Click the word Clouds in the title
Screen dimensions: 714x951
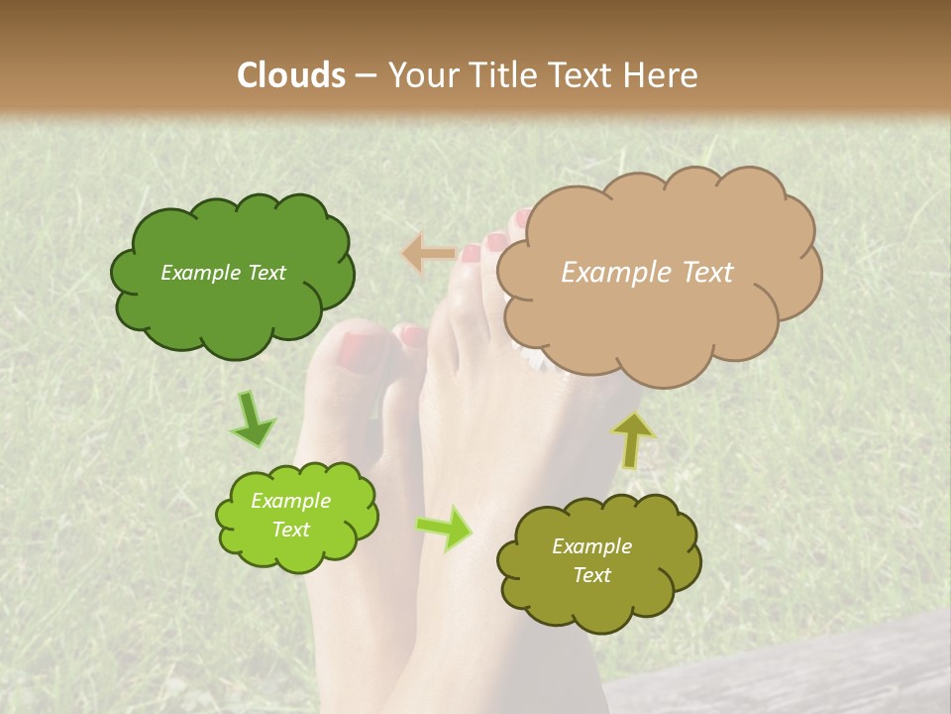[x=291, y=75]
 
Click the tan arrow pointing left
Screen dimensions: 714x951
[x=428, y=254]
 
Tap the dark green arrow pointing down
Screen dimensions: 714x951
[x=253, y=419]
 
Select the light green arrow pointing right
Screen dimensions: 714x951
[x=445, y=528]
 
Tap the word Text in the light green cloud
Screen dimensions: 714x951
[x=291, y=530]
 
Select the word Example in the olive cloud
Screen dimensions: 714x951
[x=591, y=546]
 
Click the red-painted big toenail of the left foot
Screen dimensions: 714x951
[x=359, y=348]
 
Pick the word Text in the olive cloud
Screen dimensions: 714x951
[x=591, y=575]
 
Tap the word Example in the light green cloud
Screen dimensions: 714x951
[x=291, y=501]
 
